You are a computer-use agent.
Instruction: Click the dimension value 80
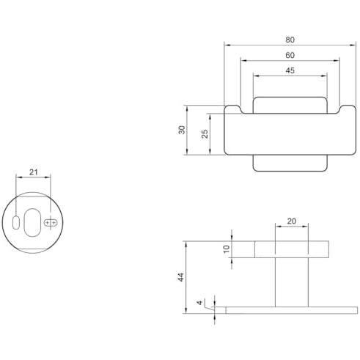coord(290,40)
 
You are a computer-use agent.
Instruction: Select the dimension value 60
coord(290,55)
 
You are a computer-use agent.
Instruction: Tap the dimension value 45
coord(290,70)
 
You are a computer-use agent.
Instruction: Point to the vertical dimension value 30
coord(182,130)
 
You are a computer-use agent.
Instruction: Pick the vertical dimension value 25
coord(205,134)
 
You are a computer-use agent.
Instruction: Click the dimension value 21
coord(34,172)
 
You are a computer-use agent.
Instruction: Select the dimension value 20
coord(292,221)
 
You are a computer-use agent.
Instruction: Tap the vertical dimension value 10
coord(227,249)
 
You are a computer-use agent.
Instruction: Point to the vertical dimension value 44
coord(181,277)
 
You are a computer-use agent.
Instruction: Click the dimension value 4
coord(200,303)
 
